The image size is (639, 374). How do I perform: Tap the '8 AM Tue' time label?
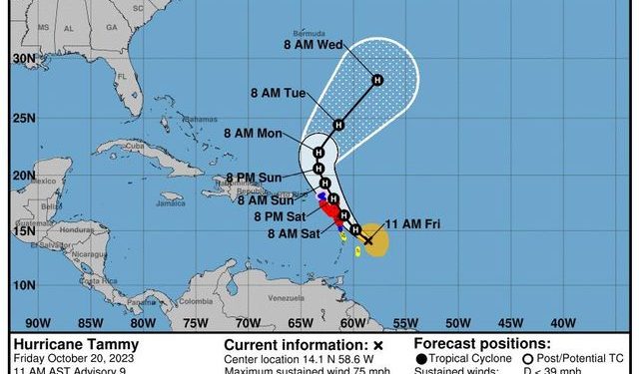[279, 93]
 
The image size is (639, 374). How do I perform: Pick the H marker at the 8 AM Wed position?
[377, 80]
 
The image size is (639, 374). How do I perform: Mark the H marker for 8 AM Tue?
[338, 125]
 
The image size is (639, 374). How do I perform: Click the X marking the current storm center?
[367, 240]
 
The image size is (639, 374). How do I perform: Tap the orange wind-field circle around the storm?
[377, 240]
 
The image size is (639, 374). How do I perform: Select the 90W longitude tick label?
[37, 321]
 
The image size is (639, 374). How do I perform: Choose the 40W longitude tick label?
[563, 321]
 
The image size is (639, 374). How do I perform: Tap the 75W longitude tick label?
[195, 321]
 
